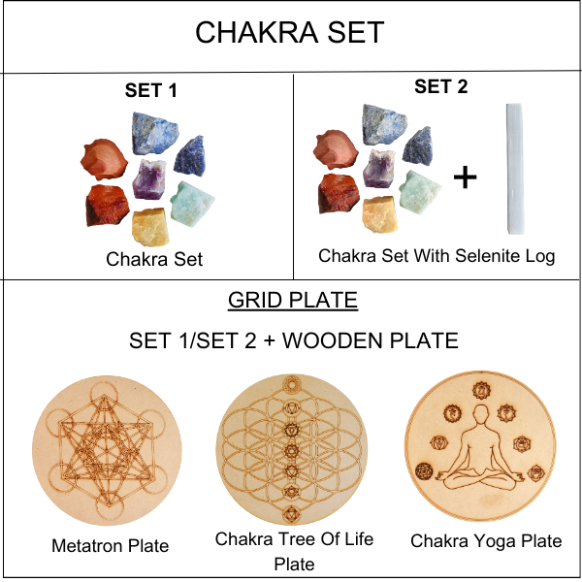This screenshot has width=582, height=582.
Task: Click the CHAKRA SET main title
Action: click(289, 32)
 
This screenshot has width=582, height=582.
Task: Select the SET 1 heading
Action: click(150, 91)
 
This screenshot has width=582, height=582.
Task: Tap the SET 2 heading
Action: click(440, 86)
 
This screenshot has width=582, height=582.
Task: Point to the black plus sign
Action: click(466, 178)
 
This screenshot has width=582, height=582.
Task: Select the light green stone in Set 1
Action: click(192, 201)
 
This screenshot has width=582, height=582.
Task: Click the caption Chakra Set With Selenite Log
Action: click(436, 256)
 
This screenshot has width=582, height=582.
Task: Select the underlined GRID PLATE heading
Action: click(293, 301)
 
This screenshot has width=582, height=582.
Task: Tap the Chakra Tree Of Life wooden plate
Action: click(291, 446)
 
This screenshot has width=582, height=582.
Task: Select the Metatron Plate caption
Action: click(110, 545)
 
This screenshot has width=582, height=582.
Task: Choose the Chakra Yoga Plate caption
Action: click(485, 540)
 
